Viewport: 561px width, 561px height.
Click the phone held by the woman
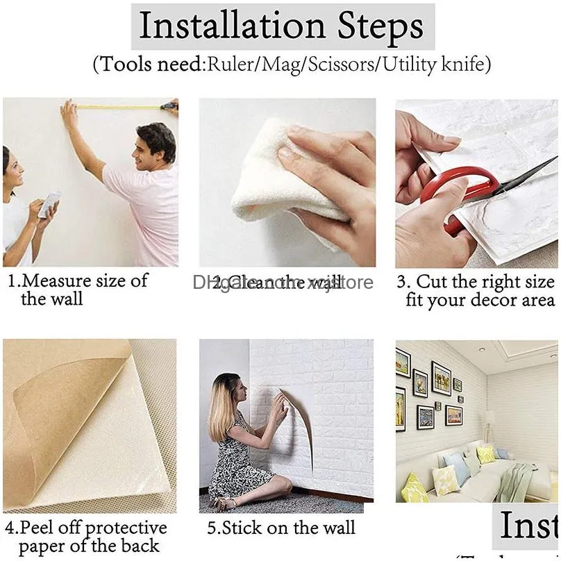pyautogui.click(x=49, y=205)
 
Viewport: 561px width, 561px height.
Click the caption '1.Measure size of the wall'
pyautogui.click(x=76, y=290)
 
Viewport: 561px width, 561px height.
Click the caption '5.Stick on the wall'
pyautogui.click(x=281, y=528)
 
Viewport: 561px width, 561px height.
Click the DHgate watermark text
pyautogui.click(x=283, y=282)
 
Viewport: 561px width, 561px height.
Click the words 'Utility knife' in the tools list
pyautogui.click(x=444, y=65)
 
